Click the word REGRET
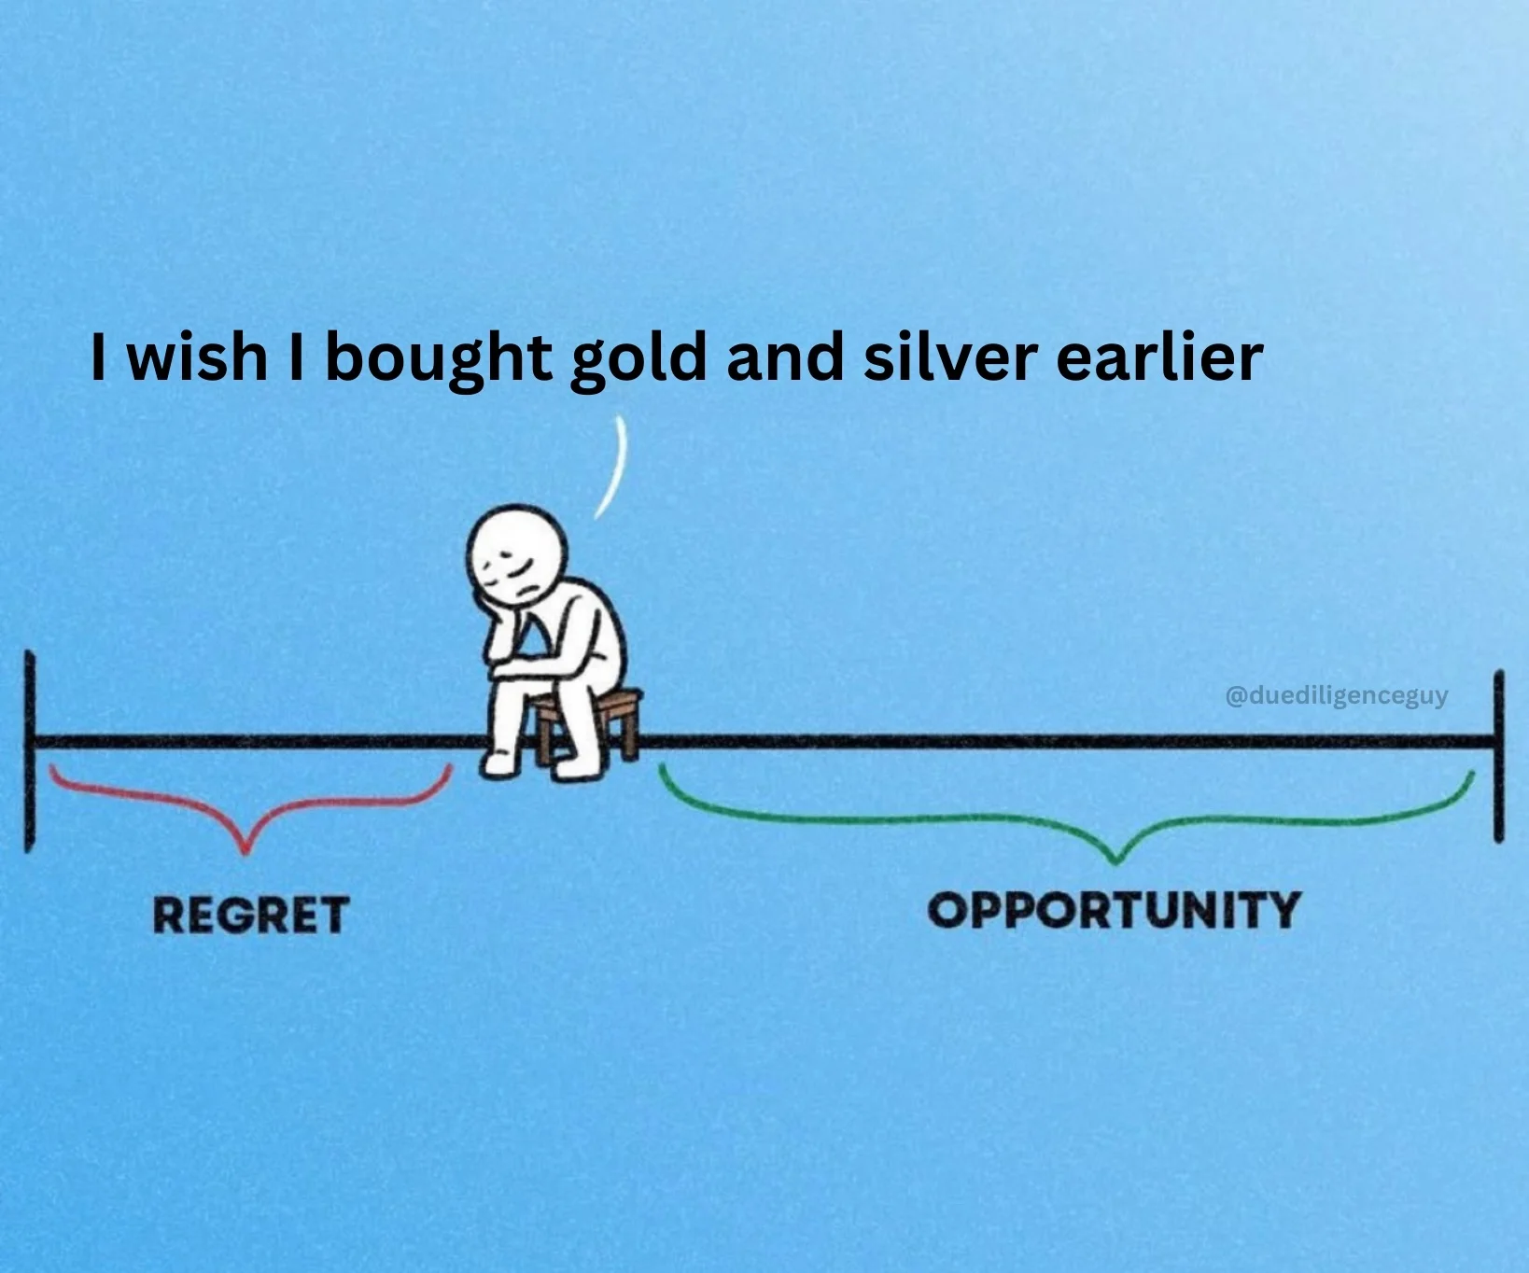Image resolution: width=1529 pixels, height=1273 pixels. click(x=251, y=914)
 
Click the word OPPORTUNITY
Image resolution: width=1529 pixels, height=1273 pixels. click(x=1114, y=909)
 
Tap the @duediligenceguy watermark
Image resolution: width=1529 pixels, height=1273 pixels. click(x=1336, y=695)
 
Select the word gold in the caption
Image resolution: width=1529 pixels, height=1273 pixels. click(x=638, y=358)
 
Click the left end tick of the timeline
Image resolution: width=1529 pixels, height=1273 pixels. click(x=30, y=751)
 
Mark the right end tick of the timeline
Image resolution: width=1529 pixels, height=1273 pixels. click(x=1499, y=756)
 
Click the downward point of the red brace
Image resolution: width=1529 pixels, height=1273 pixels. click(x=245, y=851)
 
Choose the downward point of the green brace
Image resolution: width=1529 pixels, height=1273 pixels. click(x=1113, y=861)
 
